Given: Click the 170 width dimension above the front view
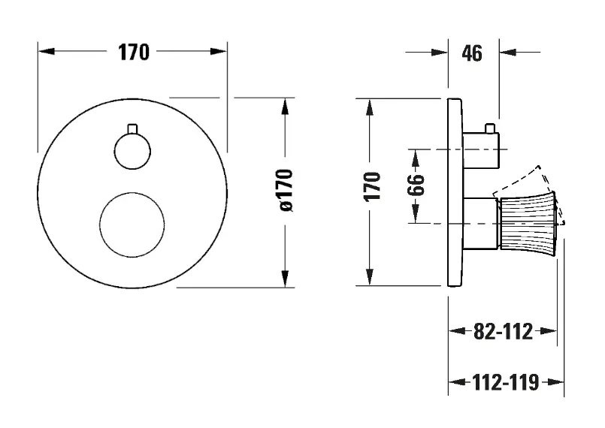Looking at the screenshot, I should [x=133, y=53].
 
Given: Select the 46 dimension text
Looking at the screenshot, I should [x=472, y=53].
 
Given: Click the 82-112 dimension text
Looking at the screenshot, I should [x=504, y=331].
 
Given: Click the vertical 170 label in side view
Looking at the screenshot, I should [x=373, y=185].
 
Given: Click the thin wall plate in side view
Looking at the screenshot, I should [x=453, y=191].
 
